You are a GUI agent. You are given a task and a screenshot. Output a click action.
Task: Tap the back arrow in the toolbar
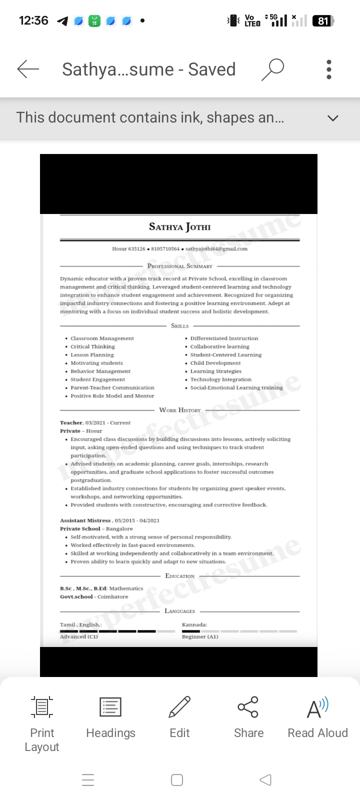(28, 69)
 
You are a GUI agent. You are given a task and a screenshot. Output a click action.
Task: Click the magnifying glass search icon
(273, 69)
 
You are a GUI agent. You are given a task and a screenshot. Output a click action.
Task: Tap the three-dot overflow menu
(328, 69)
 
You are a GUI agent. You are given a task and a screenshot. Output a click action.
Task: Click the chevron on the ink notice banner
(332, 118)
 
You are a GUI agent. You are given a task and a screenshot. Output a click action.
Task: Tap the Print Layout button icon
(42, 707)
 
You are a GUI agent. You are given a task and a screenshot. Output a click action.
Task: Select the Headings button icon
(110, 707)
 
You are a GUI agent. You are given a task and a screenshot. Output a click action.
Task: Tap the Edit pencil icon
(179, 707)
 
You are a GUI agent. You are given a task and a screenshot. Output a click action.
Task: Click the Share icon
(248, 707)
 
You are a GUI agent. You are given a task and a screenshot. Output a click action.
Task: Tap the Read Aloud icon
(317, 707)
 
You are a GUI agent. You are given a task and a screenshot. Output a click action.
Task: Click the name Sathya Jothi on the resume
(180, 227)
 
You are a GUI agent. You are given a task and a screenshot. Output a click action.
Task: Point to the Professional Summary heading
(180, 266)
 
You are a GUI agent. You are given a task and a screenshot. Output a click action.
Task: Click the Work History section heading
(180, 410)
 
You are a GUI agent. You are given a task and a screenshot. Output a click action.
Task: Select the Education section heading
(180, 576)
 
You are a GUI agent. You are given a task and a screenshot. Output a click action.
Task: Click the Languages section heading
(180, 611)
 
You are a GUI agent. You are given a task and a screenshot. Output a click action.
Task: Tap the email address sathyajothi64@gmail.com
(216, 249)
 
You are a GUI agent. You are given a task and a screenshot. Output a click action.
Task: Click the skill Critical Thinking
(92, 346)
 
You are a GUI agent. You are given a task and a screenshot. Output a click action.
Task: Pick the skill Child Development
(215, 363)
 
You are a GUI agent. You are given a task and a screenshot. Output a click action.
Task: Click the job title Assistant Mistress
(85, 520)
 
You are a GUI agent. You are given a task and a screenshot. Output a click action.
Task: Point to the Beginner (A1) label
(200, 636)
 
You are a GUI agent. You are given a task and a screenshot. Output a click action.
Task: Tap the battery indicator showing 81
(323, 21)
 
